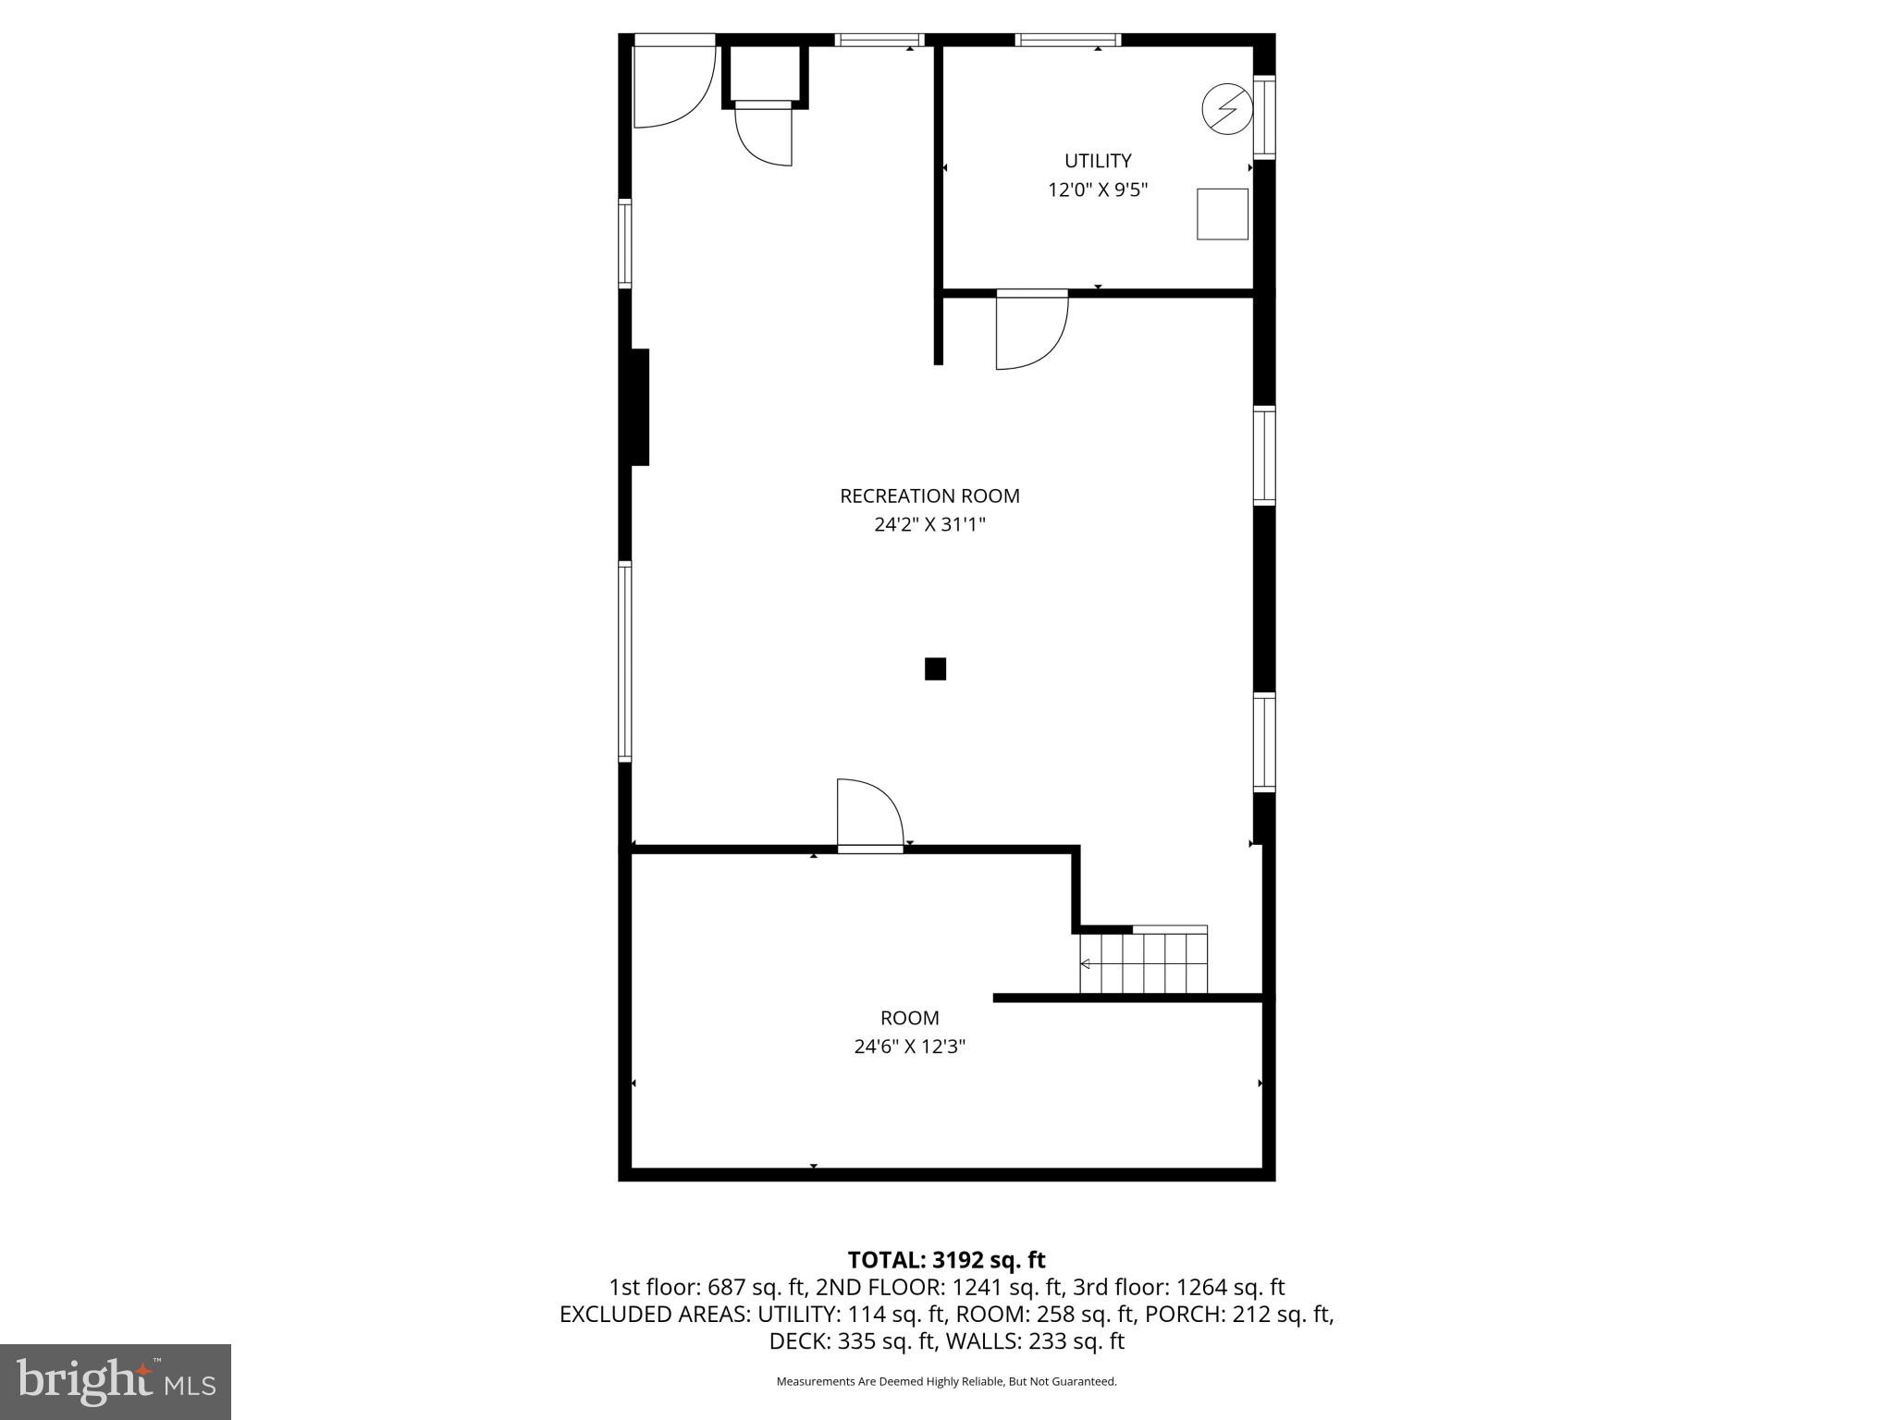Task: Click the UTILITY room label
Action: [1098, 161]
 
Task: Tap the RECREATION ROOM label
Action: [929, 496]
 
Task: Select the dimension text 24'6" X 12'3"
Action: [909, 1047]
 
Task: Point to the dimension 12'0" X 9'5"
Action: [1098, 190]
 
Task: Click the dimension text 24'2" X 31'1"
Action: [929, 525]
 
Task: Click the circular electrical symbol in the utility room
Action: [1227, 109]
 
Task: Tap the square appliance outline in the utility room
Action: [1222, 214]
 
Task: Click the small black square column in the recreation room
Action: [935, 668]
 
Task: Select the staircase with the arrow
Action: [1144, 963]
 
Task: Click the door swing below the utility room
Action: [1030, 330]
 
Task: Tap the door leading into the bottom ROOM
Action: [869, 814]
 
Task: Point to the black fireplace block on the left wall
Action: [639, 407]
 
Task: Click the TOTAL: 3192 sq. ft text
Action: [946, 1260]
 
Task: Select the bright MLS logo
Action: [116, 1381]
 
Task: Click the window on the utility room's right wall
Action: [1264, 117]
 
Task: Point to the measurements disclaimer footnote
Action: [946, 1382]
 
